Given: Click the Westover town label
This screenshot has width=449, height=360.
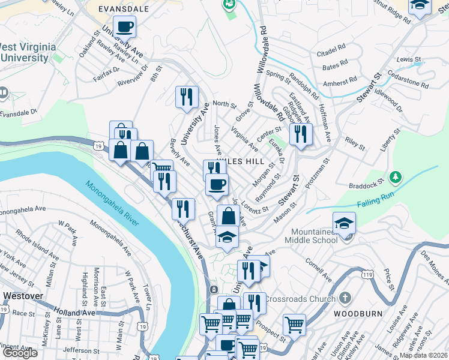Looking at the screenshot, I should click(24, 296).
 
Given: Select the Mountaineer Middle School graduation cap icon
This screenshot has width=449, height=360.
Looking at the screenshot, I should click(345, 224).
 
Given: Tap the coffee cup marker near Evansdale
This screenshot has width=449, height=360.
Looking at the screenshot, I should click(125, 27).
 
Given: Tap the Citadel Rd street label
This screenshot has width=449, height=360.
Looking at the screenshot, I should click(335, 46).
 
